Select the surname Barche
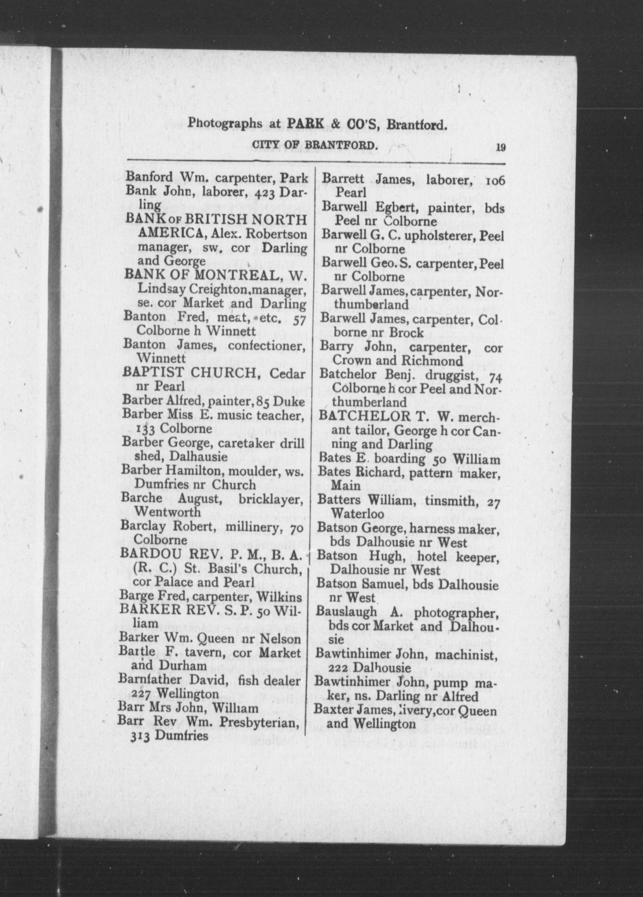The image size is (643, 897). (141, 498)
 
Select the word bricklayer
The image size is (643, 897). (271, 499)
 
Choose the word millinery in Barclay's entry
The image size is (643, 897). (253, 527)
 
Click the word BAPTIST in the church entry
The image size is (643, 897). (155, 372)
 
